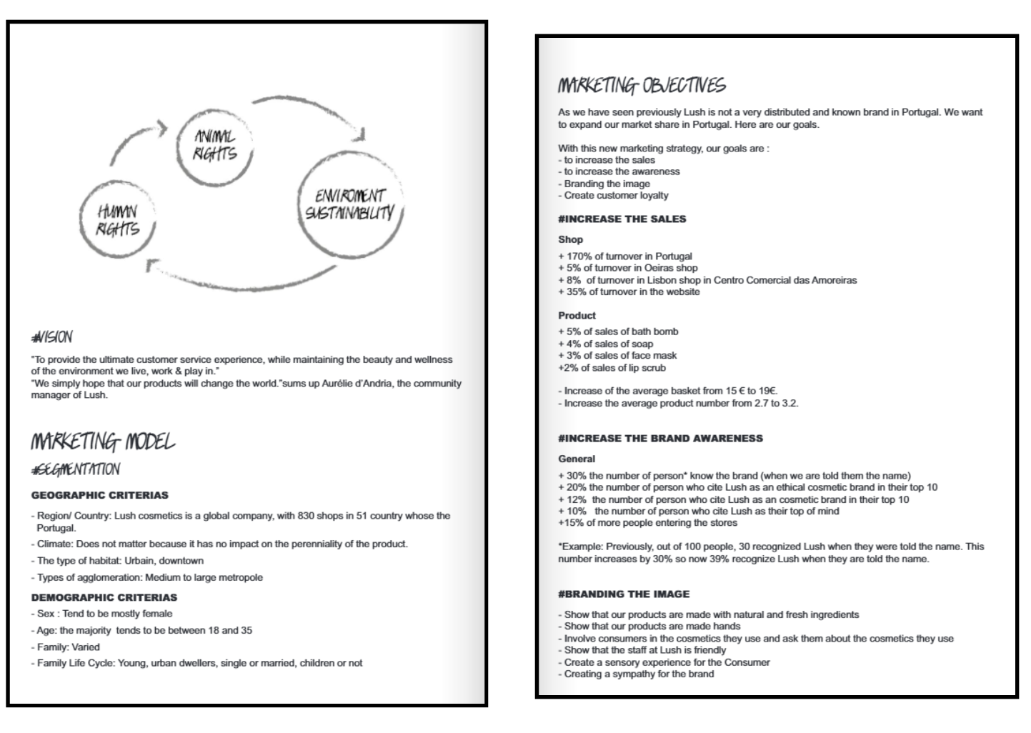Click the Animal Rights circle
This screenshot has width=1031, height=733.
(x=214, y=145)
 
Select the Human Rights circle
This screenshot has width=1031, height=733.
(x=119, y=220)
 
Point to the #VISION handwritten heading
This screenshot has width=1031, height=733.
(x=51, y=337)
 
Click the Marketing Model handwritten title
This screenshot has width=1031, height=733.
(x=102, y=442)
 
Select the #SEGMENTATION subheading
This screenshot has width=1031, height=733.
(x=76, y=469)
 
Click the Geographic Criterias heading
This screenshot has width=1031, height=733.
(x=100, y=495)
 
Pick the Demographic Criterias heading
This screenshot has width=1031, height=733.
(x=104, y=597)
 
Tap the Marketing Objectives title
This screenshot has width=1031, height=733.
(x=641, y=86)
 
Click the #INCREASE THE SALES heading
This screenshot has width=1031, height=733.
(x=622, y=219)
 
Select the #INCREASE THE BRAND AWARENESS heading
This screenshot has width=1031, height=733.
(x=660, y=439)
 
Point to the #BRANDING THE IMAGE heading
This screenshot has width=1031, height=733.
(x=624, y=594)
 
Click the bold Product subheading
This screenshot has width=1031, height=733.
(x=577, y=316)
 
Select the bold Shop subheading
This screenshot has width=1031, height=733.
(x=570, y=240)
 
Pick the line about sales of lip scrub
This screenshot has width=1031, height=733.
(x=612, y=368)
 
